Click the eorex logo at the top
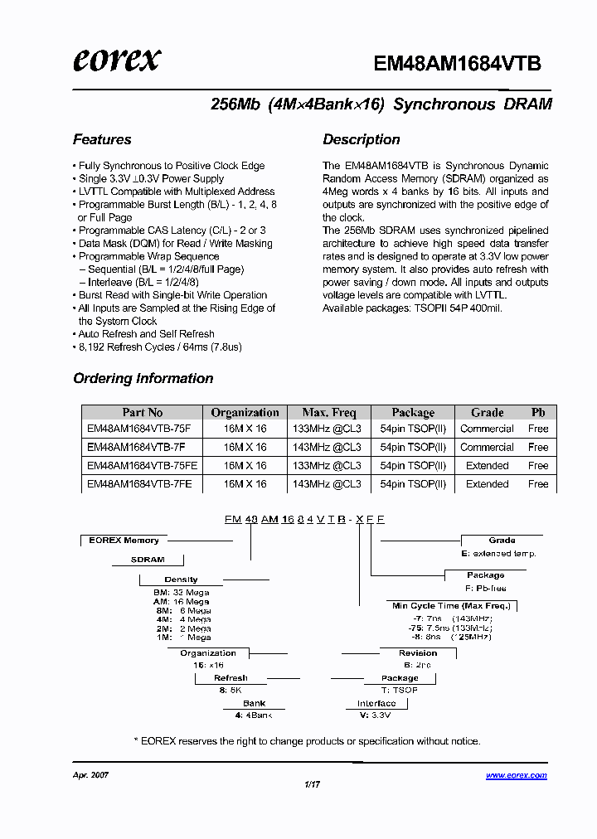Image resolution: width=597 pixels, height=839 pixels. (x=116, y=60)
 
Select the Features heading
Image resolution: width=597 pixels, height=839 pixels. (x=102, y=139)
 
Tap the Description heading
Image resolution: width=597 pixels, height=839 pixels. (x=362, y=139)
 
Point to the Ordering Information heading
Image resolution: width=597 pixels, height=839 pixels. (x=143, y=378)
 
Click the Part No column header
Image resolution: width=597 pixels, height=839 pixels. (x=143, y=412)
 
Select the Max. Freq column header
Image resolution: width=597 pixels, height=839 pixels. (x=329, y=412)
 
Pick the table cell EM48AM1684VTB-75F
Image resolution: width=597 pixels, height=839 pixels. (x=138, y=429)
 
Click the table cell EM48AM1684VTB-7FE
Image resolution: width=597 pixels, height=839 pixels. (x=139, y=483)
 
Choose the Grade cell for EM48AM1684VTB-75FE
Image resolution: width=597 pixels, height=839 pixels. (x=487, y=465)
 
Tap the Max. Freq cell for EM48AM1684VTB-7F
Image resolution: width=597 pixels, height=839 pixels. (x=329, y=447)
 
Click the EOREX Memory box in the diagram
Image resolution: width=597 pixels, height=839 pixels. (x=124, y=541)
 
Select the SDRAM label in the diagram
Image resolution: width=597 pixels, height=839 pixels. (x=148, y=560)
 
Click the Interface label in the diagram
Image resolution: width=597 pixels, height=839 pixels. (x=376, y=703)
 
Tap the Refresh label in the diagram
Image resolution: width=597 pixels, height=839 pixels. (x=231, y=678)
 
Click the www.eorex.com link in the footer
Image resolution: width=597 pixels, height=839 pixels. (x=516, y=775)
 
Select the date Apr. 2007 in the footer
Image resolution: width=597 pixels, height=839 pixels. (x=91, y=775)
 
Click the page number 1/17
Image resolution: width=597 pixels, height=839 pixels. (x=312, y=783)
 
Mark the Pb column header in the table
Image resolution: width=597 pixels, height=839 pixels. (x=538, y=412)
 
